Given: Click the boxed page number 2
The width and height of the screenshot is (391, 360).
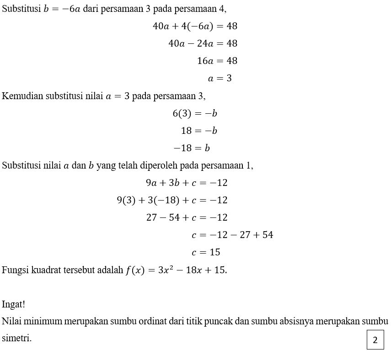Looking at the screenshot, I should tap(375, 339).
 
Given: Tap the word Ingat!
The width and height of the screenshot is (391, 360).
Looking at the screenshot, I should tap(14, 304).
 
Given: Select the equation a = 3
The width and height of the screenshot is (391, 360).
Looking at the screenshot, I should tap(220, 79).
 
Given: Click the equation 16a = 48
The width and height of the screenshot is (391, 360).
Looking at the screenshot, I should tap(217, 61).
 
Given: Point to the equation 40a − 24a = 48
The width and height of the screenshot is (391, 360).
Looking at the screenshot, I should tap(203, 44).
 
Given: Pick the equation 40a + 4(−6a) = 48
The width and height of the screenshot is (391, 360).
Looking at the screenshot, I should tap(195, 26).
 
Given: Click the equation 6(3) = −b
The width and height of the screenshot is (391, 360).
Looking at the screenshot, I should tap(195, 113).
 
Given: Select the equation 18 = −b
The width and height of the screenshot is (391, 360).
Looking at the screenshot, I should tap(199, 131).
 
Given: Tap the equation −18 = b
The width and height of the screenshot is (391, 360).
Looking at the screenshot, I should tap(192, 148).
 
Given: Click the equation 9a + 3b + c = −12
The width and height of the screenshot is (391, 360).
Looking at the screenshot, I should tap(187, 183).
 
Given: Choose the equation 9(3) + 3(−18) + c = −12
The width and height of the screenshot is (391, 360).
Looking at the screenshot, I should tap(172, 200).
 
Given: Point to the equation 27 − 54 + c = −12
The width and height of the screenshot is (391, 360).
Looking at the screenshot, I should tap(187, 217).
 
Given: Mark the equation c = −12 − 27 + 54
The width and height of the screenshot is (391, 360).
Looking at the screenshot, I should tap(232, 235).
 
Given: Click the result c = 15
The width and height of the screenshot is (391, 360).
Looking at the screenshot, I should tap(206, 252).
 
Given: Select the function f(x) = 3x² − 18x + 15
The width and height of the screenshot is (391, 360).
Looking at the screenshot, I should tap(176, 270).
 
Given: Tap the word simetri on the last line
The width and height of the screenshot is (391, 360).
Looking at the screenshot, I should tap(16, 339).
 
